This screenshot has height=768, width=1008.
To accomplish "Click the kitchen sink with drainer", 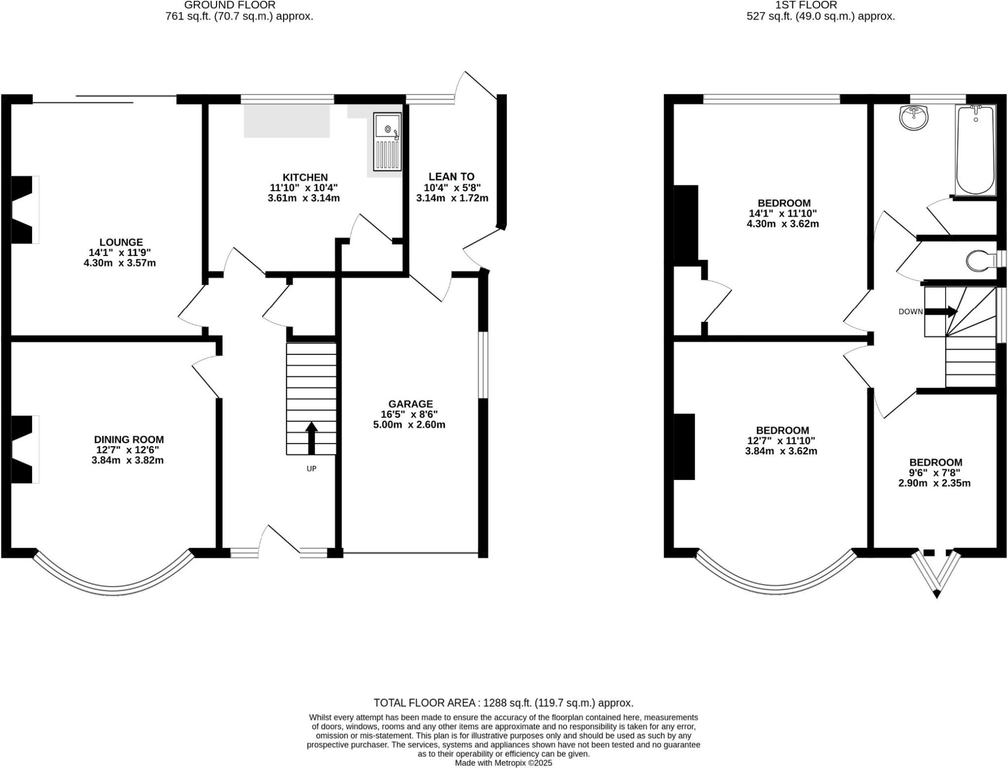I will click(x=387, y=142).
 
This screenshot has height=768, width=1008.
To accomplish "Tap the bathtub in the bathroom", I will click(x=975, y=150).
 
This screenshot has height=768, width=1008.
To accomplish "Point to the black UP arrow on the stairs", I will click(x=311, y=438).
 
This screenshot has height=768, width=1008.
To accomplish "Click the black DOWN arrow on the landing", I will click(x=941, y=311).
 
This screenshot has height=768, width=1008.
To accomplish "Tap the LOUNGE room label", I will click(x=121, y=242).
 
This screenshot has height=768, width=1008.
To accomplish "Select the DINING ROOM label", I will click(x=129, y=440).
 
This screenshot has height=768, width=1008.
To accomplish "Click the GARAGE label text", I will click(x=410, y=404).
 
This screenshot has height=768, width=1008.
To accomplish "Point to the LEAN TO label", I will click(x=451, y=177).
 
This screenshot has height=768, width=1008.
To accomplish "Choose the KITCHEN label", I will click(x=305, y=177).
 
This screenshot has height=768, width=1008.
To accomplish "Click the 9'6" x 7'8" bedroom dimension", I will click(x=936, y=473).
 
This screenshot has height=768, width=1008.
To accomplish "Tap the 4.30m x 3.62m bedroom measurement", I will click(x=783, y=224).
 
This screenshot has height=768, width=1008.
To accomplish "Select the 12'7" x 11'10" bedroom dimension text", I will click(x=782, y=441).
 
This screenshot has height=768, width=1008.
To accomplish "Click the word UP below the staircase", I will click(x=311, y=469).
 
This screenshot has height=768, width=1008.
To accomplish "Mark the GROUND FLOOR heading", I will click(x=230, y=5).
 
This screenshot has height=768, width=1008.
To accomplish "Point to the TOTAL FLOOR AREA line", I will click(x=503, y=703).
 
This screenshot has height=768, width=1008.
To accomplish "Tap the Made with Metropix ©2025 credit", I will click(x=503, y=763).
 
